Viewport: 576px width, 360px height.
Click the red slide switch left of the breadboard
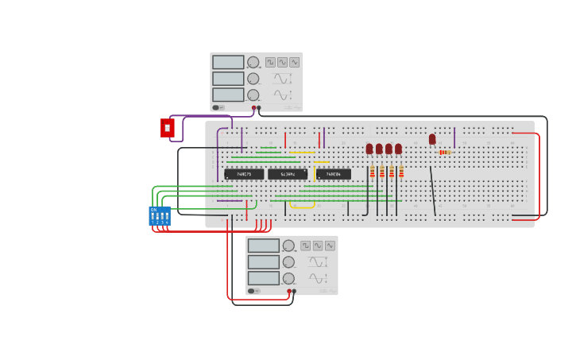(x=167, y=128)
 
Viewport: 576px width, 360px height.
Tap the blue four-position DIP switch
(x=160, y=215)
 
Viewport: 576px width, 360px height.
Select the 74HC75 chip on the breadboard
(x=244, y=174)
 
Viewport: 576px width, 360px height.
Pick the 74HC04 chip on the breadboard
(x=334, y=174)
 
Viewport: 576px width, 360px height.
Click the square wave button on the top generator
(x=270, y=62)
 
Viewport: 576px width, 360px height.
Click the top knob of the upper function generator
(x=253, y=62)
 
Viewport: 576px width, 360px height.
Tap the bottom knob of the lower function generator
(x=288, y=278)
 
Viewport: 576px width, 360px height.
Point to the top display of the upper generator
(x=228, y=62)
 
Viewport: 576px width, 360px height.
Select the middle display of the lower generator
(x=263, y=262)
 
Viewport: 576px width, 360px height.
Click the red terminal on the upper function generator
(x=254, y=108)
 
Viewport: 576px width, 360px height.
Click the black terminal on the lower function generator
(x=294, y=292)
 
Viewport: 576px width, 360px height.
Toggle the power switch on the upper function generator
(x=216, y=107)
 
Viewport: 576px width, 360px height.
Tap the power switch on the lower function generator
(x=252, y=291)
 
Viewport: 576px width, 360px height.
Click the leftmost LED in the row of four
(x=369, y=149)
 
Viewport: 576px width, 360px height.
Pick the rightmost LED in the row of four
(x=398, y=149)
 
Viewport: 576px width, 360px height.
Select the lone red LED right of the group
(x=432, y=139)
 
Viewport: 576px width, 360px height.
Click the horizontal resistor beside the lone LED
(x=444, y=153)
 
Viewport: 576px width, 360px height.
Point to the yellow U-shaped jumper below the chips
(x=302, y=206)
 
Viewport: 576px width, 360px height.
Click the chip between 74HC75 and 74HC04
(x=288, y=174)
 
